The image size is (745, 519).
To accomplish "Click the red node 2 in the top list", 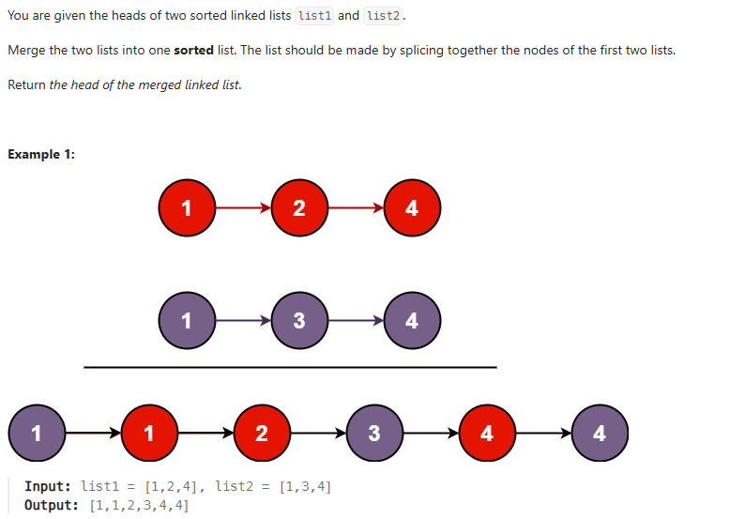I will point(298,207).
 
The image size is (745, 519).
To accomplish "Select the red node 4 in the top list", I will point(412,207).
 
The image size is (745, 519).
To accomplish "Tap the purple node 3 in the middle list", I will point(298,320).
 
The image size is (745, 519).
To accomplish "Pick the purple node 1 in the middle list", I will point(186,320).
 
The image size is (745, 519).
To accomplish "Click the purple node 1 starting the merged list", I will point(36,433).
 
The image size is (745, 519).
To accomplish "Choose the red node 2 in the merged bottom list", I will point(261,433).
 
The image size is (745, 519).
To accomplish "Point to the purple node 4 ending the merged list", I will point(600,433).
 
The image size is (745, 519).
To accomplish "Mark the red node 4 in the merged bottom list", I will point(486,433).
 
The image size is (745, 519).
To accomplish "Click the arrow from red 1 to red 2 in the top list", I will point(242,207).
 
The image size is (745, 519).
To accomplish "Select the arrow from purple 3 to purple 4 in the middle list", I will point(355,320).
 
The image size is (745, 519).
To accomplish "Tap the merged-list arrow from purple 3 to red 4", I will point(430,433).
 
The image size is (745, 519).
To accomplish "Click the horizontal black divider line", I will point(290,367).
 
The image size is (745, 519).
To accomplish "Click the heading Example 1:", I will point(41,154).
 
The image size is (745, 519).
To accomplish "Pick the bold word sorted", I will point(194,50).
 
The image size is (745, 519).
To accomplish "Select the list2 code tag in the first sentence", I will point(383,16).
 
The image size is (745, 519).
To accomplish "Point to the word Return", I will point(26,84).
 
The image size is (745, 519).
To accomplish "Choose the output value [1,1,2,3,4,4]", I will point(139,505).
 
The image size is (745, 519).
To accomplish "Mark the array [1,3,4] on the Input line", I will point(305,486).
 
